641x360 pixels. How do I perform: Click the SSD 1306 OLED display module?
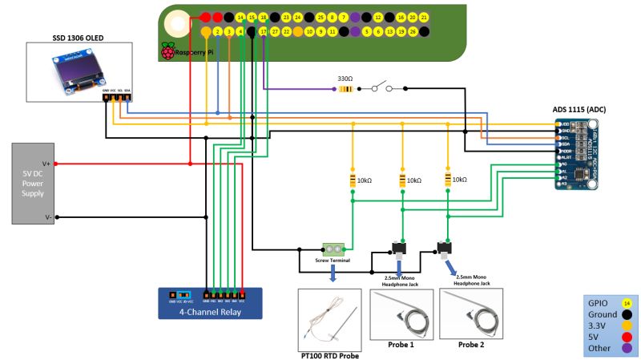79,72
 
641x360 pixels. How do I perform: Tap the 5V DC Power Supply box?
32,184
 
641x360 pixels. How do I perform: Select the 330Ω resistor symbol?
345,89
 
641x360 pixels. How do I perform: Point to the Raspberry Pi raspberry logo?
167,51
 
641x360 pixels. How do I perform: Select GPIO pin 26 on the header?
413,32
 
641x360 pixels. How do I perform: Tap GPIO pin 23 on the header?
286,17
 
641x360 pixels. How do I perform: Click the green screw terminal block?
333,249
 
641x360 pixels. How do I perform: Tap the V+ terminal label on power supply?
47,163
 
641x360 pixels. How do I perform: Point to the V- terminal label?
47,216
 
